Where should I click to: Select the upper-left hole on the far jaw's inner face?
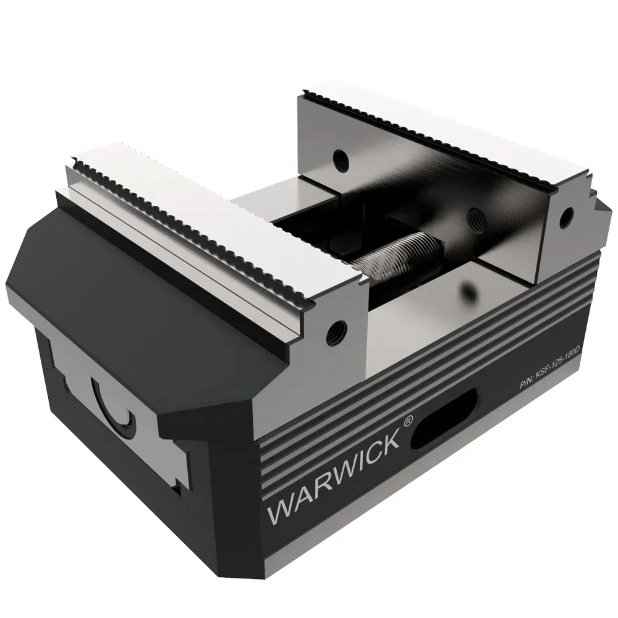337,158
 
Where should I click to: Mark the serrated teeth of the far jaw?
433,130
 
